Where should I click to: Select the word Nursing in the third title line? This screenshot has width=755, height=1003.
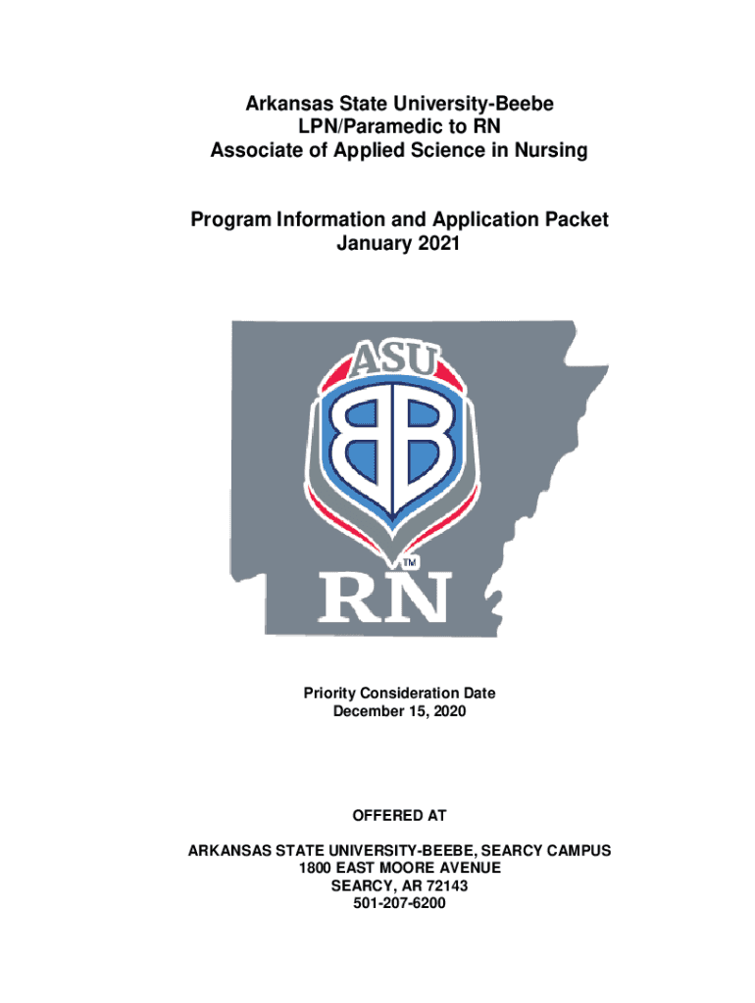[x=550, y=151]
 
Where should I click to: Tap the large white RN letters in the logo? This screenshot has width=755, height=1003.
[x=384, y=597]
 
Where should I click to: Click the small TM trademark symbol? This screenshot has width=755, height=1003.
[x=412, y=563]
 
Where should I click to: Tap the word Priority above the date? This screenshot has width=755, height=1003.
[x=331, y=693]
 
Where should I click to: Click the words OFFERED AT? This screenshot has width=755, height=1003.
[x=398, y=815]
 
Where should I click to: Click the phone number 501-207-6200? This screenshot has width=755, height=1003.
[x=399, y=904]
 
